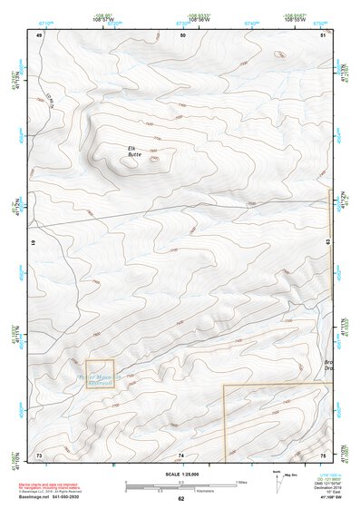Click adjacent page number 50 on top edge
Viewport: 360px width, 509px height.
(x=183, y=34)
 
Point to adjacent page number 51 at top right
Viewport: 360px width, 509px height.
(x=325, y=34)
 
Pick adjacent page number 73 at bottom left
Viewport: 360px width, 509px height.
(x=39, y=454)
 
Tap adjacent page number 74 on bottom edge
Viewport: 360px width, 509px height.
(x=181, y=454)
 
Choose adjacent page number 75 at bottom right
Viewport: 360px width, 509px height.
(x=324, y=454)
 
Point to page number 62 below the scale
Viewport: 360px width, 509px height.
(x=180, y=500)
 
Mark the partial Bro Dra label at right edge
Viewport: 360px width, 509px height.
(x=328, y=367)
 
